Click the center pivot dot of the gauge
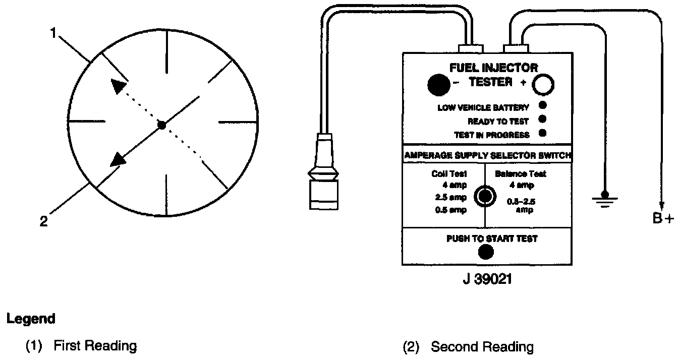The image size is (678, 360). [x=161, y=125]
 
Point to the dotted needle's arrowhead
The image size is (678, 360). [x=118, y=86]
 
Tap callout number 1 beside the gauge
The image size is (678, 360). [x=53, y=33]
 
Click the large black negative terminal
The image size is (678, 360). [x=439, y=85]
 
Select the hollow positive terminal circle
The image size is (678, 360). [x=543, y=85]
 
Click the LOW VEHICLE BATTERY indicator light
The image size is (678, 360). [x=543, y=106]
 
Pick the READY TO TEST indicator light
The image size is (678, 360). [x=543, y=119]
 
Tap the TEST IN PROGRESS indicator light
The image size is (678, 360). [x=543, y=134]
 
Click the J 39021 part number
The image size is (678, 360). [x=487, y=279]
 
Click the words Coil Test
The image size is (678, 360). [x=449, y=174]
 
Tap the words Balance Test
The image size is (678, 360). [x=520, y=174]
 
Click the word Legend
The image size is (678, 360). [x=30, y=319]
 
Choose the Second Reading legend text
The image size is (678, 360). [x=482, y=347]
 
